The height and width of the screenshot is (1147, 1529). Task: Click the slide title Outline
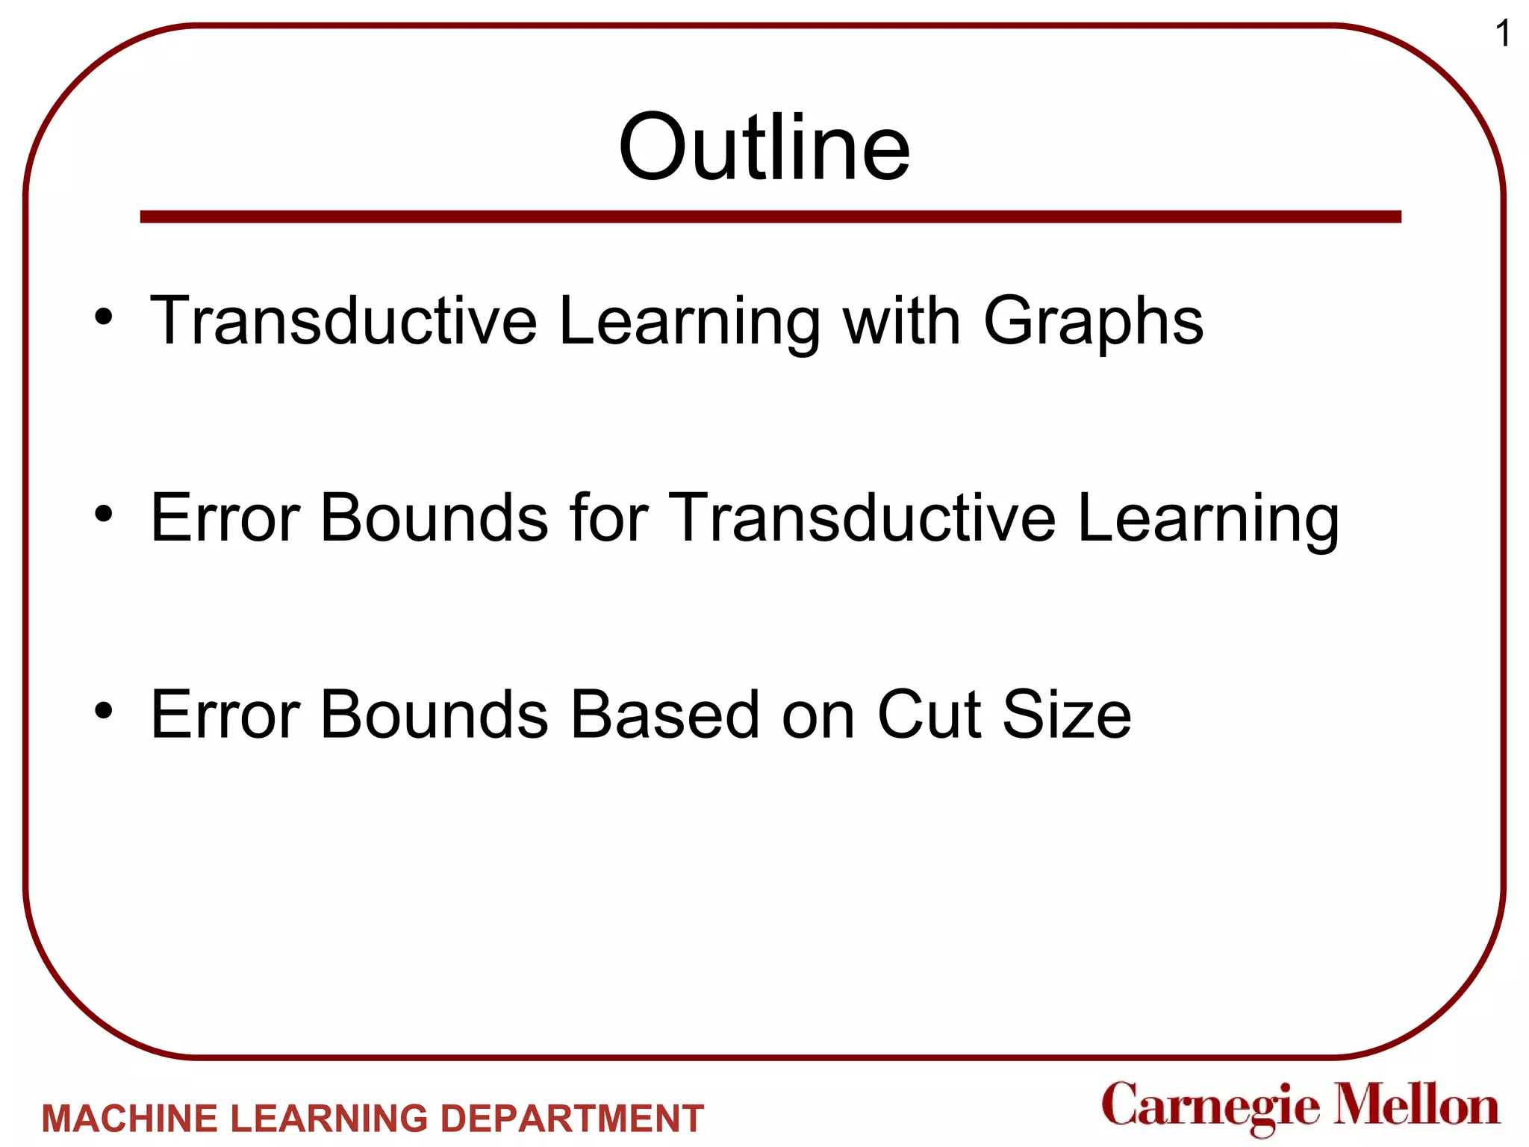pos(764,147)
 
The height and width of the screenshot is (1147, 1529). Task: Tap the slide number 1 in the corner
pos(1502,34)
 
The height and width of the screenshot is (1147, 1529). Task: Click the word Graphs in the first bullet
pos(1093,321)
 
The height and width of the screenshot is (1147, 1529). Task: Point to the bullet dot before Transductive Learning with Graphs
pos(104,317)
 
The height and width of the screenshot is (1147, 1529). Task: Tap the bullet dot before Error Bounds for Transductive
pos(104,514)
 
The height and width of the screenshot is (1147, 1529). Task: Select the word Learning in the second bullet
pos(1208,519)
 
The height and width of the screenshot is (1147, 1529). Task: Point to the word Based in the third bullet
pos(664,715)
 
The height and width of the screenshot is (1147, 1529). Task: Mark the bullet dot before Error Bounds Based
pos(104,711)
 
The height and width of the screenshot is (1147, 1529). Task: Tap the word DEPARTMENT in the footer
pos(572,1119)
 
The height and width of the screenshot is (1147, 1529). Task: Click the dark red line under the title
pos(770,217)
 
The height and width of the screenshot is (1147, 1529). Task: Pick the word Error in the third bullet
pos(225,715)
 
